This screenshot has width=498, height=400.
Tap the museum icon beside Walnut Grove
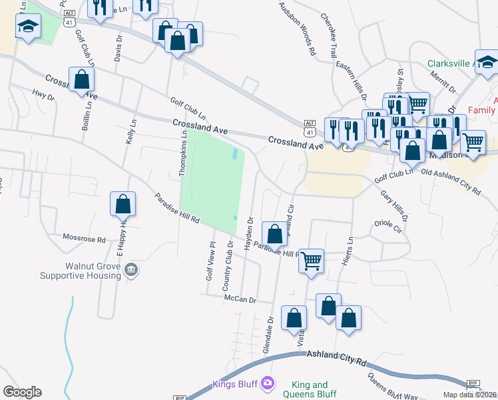coord(132,270)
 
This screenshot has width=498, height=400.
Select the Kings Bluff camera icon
coord(267,383)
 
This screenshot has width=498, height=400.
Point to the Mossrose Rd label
coord(84,239)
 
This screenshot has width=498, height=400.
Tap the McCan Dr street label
coord(240,299)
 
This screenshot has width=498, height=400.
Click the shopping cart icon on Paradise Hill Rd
coord(311,260)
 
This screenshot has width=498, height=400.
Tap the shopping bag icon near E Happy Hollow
coord(123,204)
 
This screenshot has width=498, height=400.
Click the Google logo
coord(22,391)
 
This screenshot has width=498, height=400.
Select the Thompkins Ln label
coord(183,153)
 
